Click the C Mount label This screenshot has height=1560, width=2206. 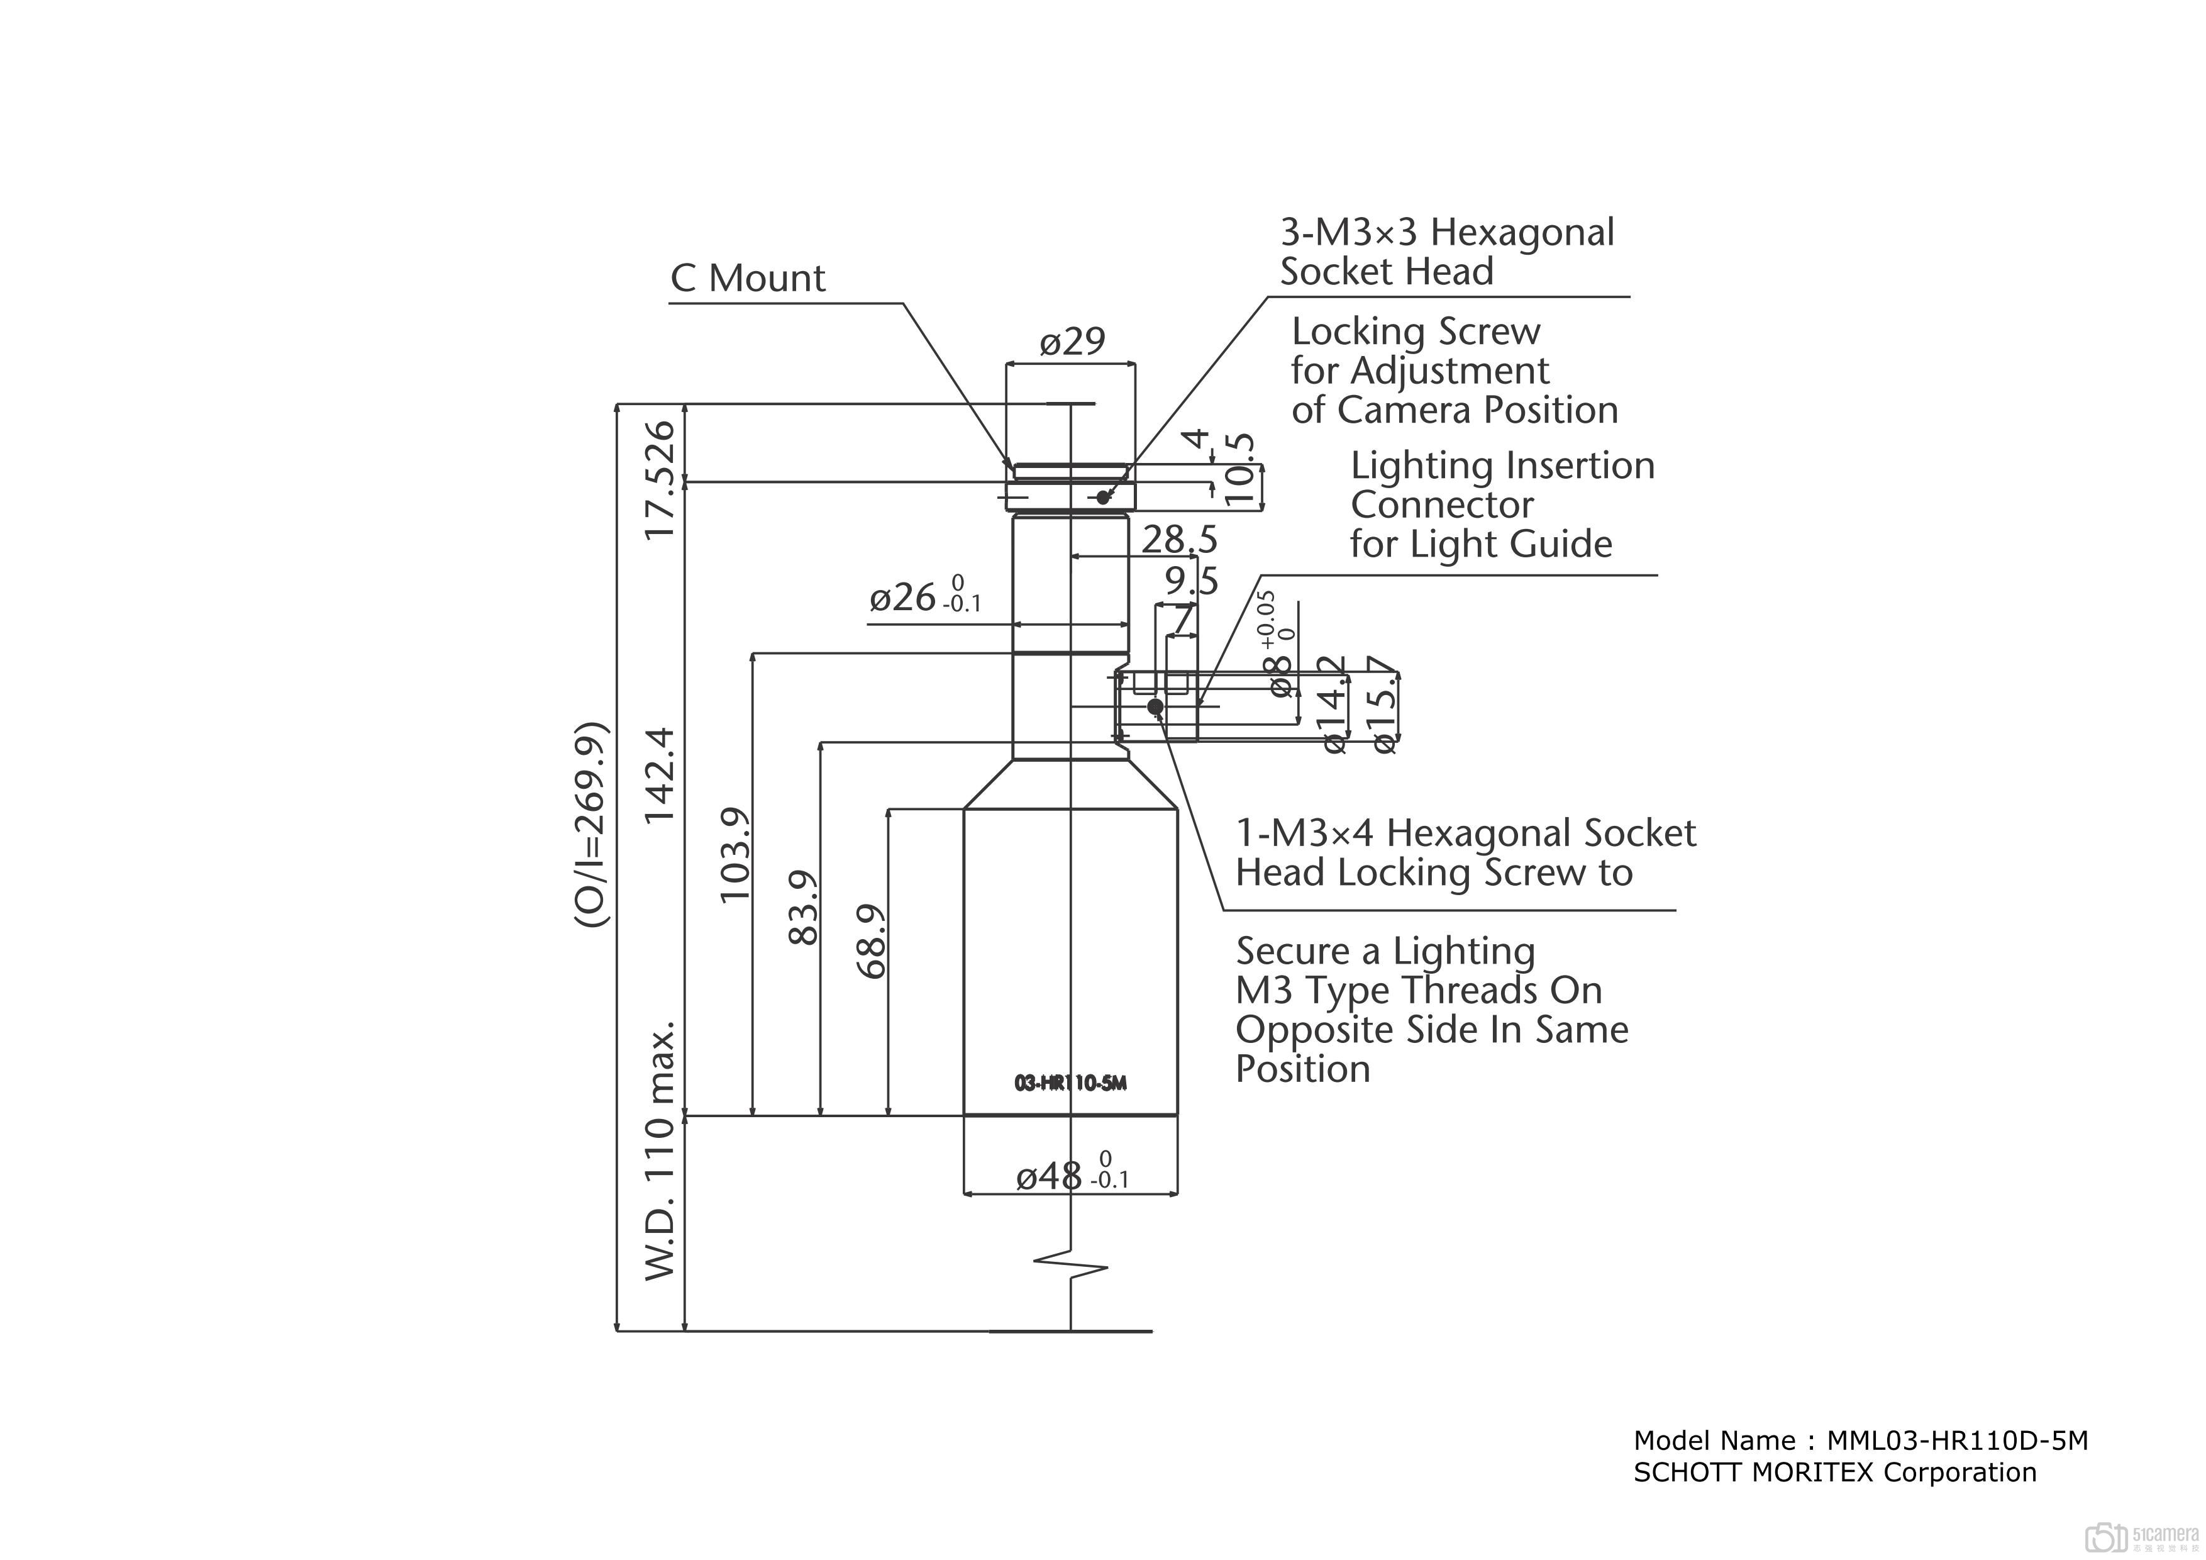pos(748,279)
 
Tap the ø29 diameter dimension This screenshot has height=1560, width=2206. pos(1072,341)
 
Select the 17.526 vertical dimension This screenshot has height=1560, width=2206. pos(661,479)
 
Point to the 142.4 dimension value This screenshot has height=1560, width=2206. pos(661,774)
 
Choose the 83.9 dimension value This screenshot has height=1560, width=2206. pos(803,907)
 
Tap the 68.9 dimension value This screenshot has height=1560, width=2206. pos(870,941)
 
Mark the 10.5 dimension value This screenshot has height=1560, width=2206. pos(1240,470)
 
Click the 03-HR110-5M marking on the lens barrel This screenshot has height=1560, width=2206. pos(1070,1083)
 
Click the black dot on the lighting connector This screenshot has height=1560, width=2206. pos(1156,706)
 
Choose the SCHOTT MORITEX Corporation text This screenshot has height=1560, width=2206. pos(1834,1473)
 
